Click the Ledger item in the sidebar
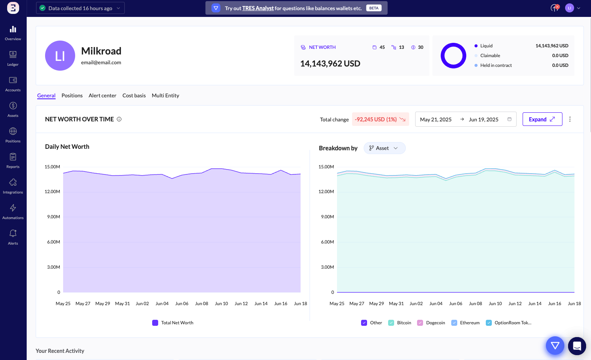pyautogui.click(x=13, y=58)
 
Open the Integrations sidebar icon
pyautogui.click(x=13, y=186)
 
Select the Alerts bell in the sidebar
pyautogui.click(x=13, y=237)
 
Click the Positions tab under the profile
pyautogui.click(x=72, y=95)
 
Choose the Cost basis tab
pyautogui.click(x=134, y=95)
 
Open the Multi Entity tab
pyautogui.click(x=165, y=95)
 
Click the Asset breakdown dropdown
pyautogui.click(x=384, y=148)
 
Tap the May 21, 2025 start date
pyautogui.click(x=435, y=119)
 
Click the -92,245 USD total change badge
pyautogui.click(x=380, y=119)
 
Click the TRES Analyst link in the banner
pyautogui.click(x=258, y=8)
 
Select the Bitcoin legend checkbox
pyautogui.click(x=391, y=323)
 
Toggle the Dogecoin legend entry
pyautogui.click(x=420, y=323)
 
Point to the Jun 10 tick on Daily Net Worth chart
pyautogui.click(x=221, y=304)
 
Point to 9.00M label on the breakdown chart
pyautogui.click(x=327, y=217)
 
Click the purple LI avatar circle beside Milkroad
pyautogui.click(x=60, y=56)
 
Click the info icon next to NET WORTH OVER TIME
pyautogui.click(x=119, y=119)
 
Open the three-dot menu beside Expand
pyautogui.click(x=570, y=119)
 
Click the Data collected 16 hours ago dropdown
pyautogui.click(x=80, y=8)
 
